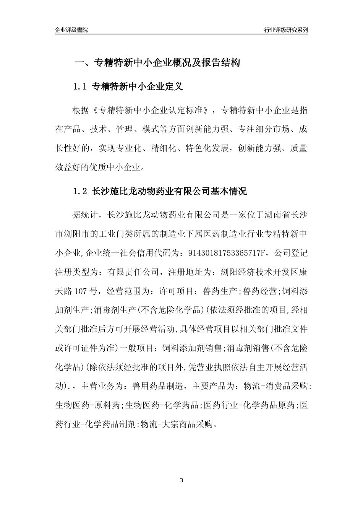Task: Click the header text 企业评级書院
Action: (x=71, y=30)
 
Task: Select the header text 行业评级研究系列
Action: (x=286, y=30)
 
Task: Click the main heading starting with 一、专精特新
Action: (x=157, y=63)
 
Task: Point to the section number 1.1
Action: (x=81, y=87)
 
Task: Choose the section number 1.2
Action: (x=81, y=192)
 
